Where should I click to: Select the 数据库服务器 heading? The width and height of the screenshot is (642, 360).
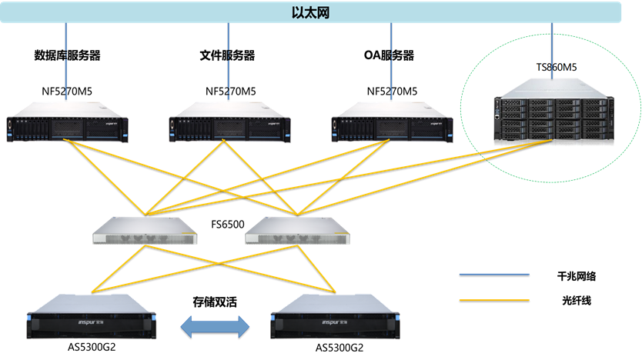(x=68, y=56)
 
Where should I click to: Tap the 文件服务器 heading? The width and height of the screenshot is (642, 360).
(x=227, y=56)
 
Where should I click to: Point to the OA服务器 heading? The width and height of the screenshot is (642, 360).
(x=389, y=56)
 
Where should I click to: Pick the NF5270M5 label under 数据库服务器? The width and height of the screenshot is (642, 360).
(x=68, y=92)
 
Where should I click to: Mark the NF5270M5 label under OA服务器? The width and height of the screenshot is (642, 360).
(x=392, y=92)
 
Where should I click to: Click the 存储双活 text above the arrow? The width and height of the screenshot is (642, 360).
(x=214, y=302)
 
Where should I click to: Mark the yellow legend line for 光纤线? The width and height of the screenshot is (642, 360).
(x=494, y=301)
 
